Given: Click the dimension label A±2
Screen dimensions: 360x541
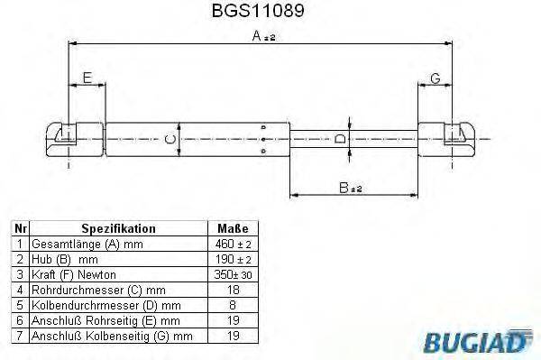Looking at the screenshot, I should coord(262,36).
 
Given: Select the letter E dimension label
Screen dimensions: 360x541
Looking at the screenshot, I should coord(87,79).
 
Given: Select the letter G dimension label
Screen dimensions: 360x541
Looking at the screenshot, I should coord(435,79).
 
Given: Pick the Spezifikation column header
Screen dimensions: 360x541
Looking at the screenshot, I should coord(118,229).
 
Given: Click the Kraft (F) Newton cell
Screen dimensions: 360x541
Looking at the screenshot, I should coord(71,274).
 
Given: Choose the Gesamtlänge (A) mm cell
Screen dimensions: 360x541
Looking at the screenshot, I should coord(87,245).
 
